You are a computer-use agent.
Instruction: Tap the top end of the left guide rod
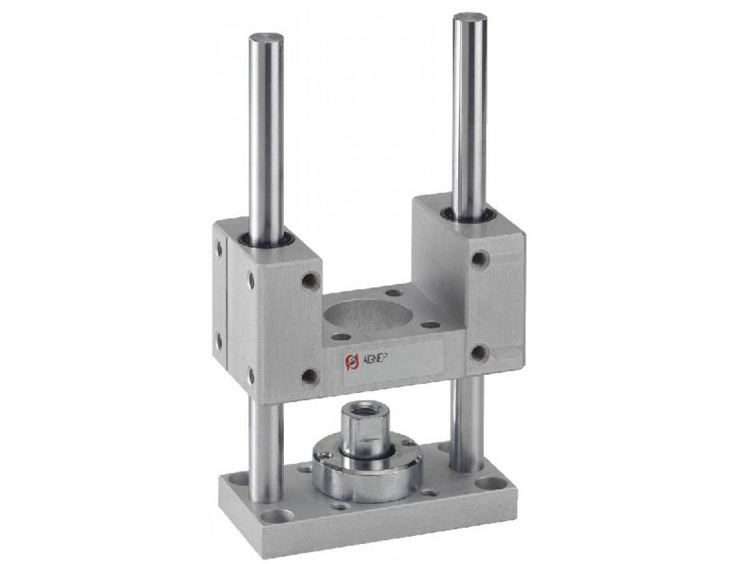266,36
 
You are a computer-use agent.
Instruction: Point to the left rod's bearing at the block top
267,238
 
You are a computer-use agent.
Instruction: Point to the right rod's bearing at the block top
469,215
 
